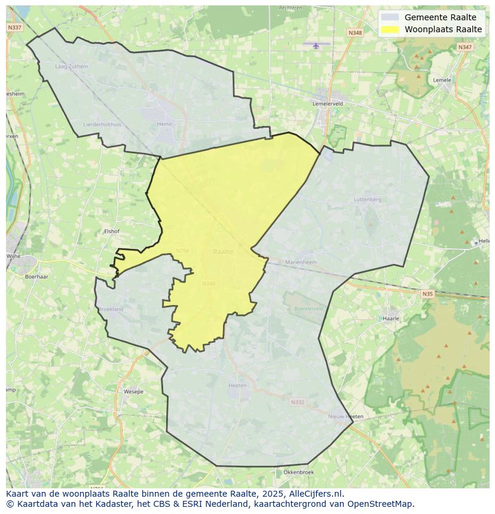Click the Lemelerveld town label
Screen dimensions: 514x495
(x=328, y=103)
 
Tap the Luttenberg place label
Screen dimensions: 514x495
(x=367, y=199)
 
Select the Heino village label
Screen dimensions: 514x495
(x=164, y=124)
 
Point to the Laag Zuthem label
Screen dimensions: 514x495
(x=71, y=66)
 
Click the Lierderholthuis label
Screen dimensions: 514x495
(x=102, y=124)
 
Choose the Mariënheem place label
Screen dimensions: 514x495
(x=301, y=262)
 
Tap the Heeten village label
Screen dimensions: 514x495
(x=237, y=385)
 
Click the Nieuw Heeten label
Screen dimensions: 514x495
(x=346, y=416)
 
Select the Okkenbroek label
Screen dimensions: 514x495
(x=298, y=472)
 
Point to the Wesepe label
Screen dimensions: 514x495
(x=133, y=392)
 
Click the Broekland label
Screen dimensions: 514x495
(x=111, y=309)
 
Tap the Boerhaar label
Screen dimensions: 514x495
(x=36, y=276)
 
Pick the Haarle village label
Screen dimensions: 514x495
(x=391, y=319)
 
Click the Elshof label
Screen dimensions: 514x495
(x=112, y=231)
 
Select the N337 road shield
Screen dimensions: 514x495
(x=15, y=27)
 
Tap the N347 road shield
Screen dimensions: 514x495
(x=465, y=47)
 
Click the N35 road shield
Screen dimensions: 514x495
(x=427, y=294)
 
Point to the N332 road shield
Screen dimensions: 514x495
(x=297, y=402)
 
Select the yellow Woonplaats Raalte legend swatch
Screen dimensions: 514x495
(x=390, y=29)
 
